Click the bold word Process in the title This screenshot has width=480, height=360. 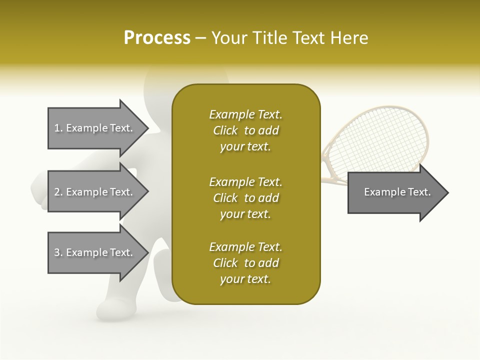pos(157,38)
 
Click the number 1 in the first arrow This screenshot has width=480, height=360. pos(57,128)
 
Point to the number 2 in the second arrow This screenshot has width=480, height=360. pos(57,192)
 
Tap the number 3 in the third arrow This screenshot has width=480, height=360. pos(57,252)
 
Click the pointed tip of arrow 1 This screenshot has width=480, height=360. pos(147,128)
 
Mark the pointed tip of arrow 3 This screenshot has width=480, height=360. pos(147,253)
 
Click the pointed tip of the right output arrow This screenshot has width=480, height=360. pos(447,192)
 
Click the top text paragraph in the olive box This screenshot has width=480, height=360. pos(245,130)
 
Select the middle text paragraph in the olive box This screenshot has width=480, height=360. pos(245,197)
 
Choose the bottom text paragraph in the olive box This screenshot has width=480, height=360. pos(245,263)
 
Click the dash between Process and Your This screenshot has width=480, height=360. pos(200,38)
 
